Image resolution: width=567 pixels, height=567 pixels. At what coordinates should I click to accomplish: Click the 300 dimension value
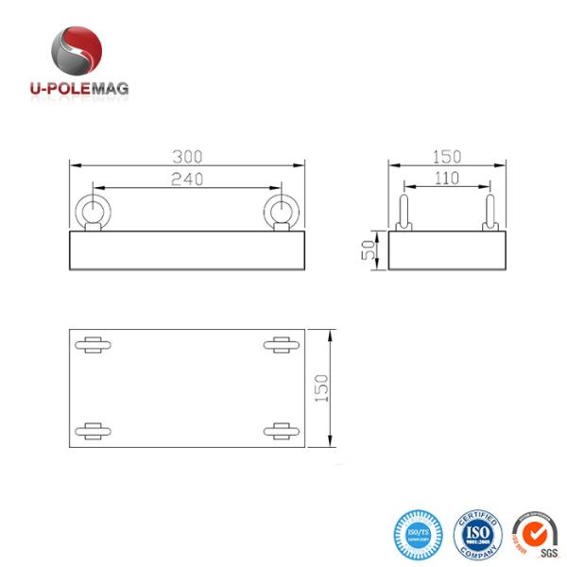[x=188, y=156]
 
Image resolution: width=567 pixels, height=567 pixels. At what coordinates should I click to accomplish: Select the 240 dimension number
[x=188, y=179]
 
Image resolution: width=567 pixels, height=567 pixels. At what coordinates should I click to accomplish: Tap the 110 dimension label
[x=447, y=178]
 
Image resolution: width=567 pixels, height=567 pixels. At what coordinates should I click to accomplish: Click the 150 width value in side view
[x=447, y=156]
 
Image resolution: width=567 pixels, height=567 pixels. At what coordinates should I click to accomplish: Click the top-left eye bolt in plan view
[x=94, y=344]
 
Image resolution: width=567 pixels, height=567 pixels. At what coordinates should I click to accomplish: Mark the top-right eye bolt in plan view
[x=281, y=344]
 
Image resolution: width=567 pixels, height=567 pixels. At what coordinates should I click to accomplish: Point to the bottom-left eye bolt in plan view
[x=94, y=431]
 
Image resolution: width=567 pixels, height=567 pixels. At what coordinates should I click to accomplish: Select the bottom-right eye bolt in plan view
[x=281, y=431]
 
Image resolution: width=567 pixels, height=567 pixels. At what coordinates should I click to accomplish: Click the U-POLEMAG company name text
[x=79, y=88]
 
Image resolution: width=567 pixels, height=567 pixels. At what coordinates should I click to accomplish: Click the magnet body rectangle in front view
[x=188, y=249]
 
